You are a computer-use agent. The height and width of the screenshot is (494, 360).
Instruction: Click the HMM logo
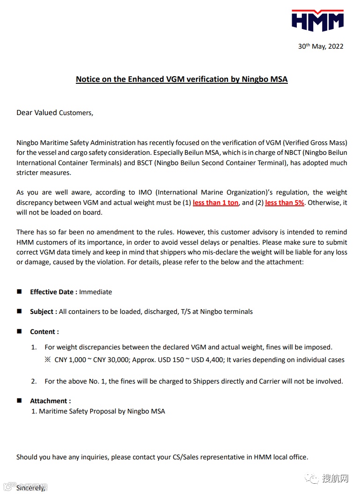(x=317, y=20)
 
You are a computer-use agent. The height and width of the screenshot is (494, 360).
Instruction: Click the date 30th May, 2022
(x=321, y=46)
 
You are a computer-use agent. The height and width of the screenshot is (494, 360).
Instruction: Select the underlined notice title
(x=182, y=79)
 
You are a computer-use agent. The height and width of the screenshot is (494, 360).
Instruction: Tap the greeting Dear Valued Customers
(x=55, y=113)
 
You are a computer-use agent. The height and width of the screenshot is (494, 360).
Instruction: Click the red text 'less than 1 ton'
(x=215, y=203)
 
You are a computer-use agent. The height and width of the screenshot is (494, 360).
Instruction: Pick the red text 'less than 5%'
(x=285, y=203)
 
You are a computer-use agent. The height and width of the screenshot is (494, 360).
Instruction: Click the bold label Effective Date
(x=53, y=292)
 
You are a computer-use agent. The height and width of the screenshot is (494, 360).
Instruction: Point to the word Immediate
(x=96, y=292)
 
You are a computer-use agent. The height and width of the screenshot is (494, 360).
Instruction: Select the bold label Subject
(x=44, y=312)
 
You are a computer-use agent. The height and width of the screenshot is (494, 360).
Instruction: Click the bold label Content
(x=44, y=332)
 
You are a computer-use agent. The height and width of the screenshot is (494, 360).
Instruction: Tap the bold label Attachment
(x=51, y=401)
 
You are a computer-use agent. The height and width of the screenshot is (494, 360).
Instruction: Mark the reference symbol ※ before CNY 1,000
(x=48, y=360)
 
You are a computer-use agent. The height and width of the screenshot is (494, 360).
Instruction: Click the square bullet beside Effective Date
(x=20, y=291)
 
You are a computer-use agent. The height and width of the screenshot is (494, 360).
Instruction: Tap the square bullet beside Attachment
(x=20, y=400)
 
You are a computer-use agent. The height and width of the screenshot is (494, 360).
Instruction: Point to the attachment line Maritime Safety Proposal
(x=102, y=411)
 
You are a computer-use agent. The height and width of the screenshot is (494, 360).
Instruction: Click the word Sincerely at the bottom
(x=31, y=488)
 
